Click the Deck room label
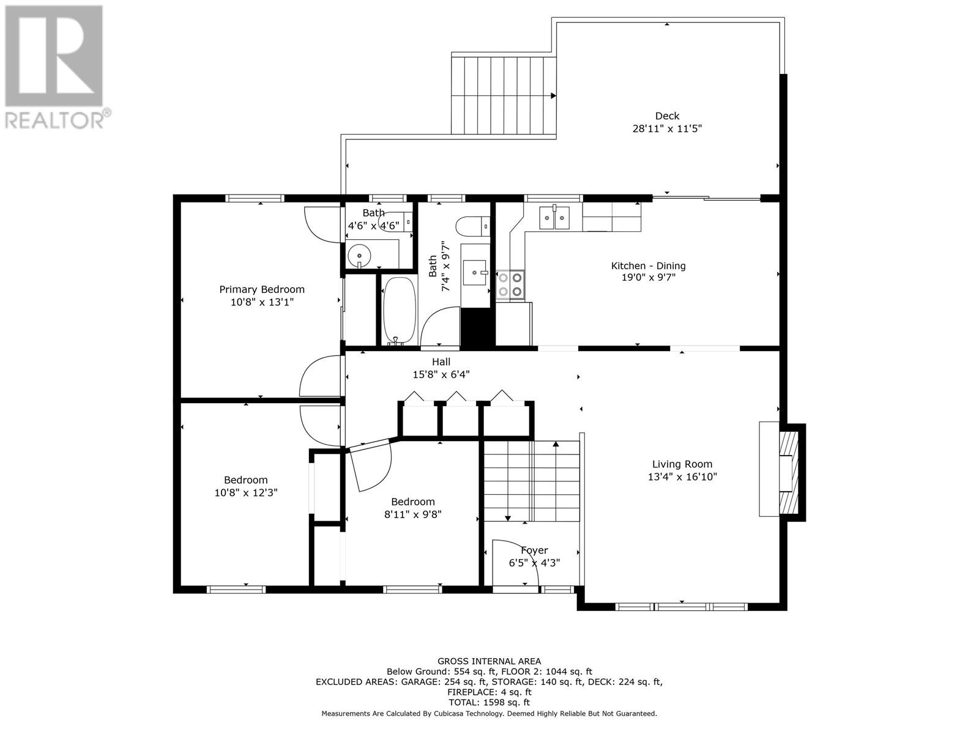(667, 116)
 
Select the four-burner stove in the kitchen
(510, 285)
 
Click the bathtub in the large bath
(399, 311)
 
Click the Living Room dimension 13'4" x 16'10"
(682, 477)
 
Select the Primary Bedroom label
(262, 289)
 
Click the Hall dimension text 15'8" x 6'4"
(441, 375)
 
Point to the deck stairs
(504, 95)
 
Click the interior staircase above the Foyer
(531, 481)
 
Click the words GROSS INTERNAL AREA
(489, 661)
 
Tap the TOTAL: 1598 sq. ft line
(489, 703)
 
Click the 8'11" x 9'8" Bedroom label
(413, 502)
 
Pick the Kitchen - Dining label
(648, 266)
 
